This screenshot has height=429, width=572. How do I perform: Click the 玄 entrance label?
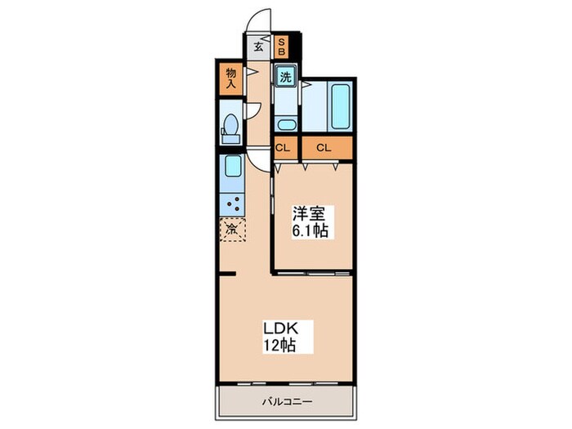click(258, 47)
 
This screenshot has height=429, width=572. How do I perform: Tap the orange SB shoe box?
click(281, 46)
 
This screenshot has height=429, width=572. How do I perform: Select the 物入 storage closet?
click(230, 78)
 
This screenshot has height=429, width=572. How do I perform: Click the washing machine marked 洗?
click(285, 78)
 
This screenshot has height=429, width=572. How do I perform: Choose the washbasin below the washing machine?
click(286, 124)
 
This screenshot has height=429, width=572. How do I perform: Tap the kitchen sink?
click(231, 168)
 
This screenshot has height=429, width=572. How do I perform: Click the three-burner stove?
click(231, 203)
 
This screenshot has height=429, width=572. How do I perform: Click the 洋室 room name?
click(311, 214)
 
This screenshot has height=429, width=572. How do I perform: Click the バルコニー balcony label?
click(288, 401)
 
